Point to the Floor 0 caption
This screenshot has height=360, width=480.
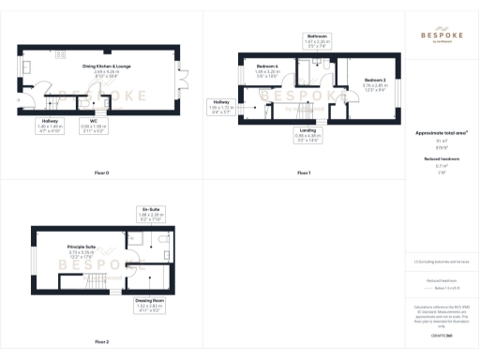[101, 173]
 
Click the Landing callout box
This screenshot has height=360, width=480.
[307, 134]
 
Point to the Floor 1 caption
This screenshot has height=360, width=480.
[303, 173]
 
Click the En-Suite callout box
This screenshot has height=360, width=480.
[150, 213]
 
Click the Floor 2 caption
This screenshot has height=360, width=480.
[101, 341]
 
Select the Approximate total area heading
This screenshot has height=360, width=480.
[440, 134]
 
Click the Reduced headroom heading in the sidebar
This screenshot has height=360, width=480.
[440, 159]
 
